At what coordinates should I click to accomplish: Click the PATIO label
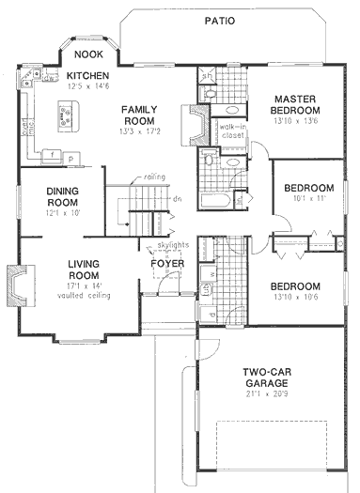[219, 19]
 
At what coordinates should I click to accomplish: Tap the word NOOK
[89, 54]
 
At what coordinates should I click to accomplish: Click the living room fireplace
[16, 282]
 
